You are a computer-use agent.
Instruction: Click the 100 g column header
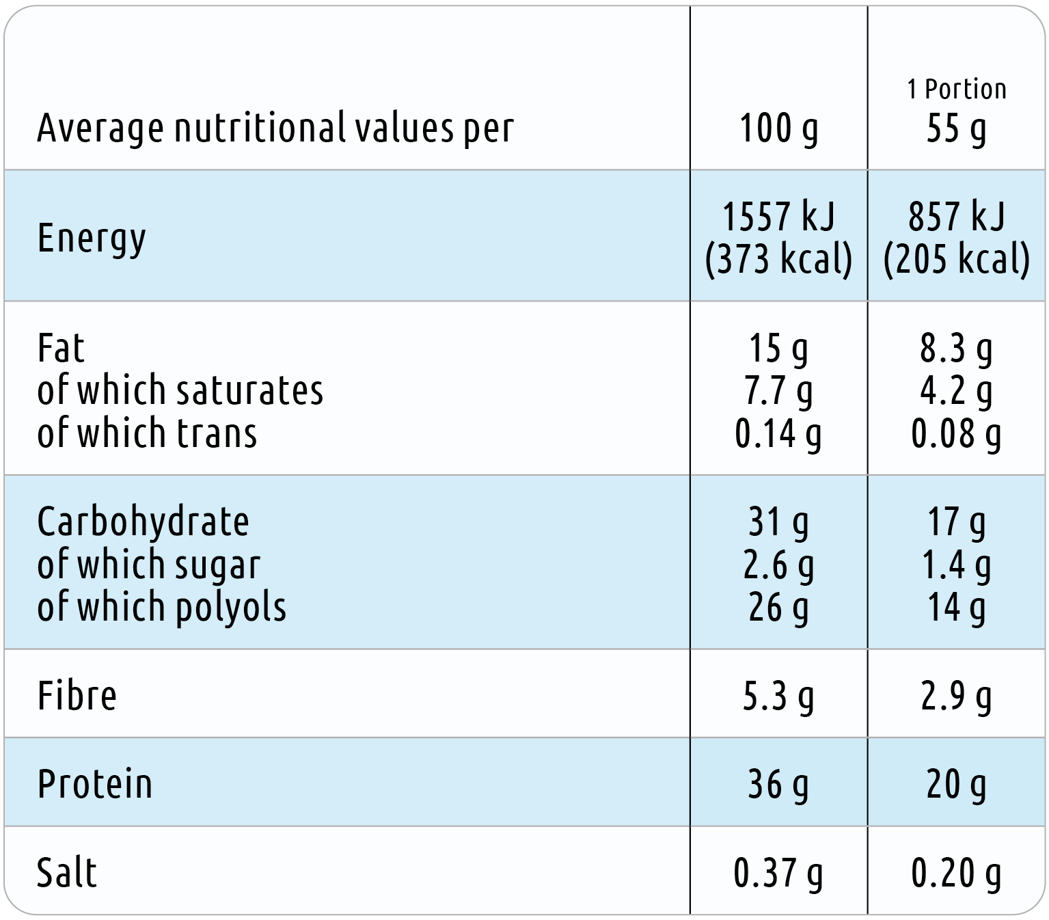pyautogui.click(x=778, y=128)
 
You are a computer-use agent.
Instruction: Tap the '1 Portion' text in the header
pyautogui.click(x=956, y=89)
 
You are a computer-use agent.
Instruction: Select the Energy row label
pyautogui.click(x=91, y=239)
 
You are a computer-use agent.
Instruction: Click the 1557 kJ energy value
pyautogui.click(x=778, y=216)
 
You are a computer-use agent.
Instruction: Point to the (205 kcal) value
pyautogui.click(x=956, y=259)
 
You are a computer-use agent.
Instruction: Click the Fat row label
pyautogui.click(x=61, y=348)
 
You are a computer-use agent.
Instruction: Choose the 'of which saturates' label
pyautogui.click(x=180, y=390)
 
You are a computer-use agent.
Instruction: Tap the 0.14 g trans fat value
pyautogui.click(x=778, y=434)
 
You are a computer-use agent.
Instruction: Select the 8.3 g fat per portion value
pyautogui.click(x=956, y=349)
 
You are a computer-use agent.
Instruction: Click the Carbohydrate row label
pyautogui.click(x=143, y=522)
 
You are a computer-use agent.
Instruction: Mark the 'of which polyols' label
pyautogui.click(x=161, y=607)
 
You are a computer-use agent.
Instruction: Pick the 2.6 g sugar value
pyautogui.click(x=778, y=565)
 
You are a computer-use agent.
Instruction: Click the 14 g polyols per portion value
pyautogui.click(x=956, y=608)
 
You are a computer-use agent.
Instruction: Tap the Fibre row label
pyautogui.click(x=77, y=696)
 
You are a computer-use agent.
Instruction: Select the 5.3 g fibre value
pyautogui.click(x=778, y=696)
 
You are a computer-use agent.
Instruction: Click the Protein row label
pyautogui.click(x=95, y=784)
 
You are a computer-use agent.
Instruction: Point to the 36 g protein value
pyautogui.click(x=778, y=785)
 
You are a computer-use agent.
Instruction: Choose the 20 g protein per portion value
pyautogui.click(x=956, y=785)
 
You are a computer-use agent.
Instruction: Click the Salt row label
pyautogui.click(x=67, y=873)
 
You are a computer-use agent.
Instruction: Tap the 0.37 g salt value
pyautogui.click(x=778, y=874)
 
